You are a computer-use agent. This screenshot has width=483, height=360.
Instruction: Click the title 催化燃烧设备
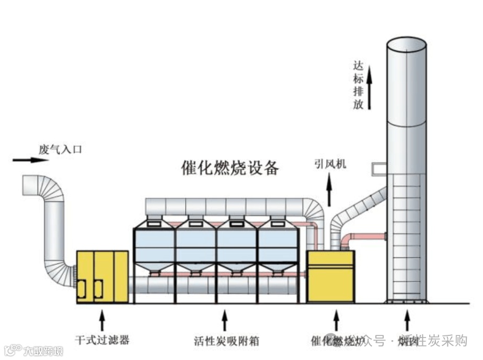coord(230,167)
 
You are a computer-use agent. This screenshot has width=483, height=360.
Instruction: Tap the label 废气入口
coord(60,149)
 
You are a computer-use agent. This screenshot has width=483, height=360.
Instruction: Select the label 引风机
coord(330,164)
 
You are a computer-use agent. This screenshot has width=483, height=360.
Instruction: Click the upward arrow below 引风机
coord(329,190)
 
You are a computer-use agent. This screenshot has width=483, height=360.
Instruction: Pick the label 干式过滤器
coord(102,340)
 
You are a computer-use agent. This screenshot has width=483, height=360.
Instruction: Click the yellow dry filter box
coord(102,276)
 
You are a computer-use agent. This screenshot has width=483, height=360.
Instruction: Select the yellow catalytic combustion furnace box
coord(330,276)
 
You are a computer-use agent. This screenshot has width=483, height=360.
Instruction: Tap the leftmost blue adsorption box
coord(154,246)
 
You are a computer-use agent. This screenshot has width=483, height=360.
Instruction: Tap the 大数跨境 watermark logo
coord(33,350)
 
